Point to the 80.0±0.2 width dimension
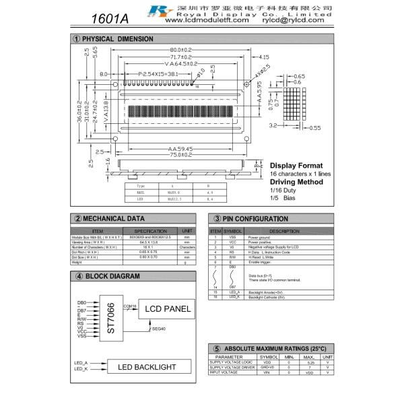coord(177,50)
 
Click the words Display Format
coord(296,166)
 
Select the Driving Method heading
coord(297,182)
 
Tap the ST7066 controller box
coord(111,317)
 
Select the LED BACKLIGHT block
coord(147,367)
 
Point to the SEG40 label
coord(159,329)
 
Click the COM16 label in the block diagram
coord(130,306)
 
